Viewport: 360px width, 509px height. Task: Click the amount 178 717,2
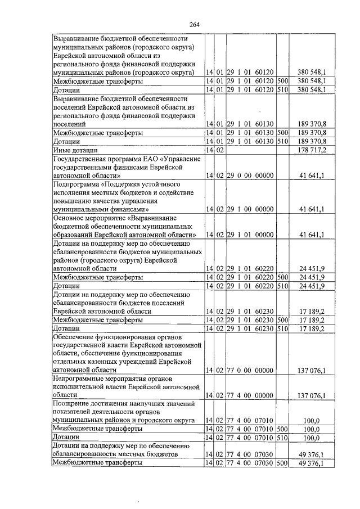pyautogui.click(x=312, y=151)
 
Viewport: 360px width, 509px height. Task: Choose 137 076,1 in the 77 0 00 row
pyautogui.click(x=312, y=371)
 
